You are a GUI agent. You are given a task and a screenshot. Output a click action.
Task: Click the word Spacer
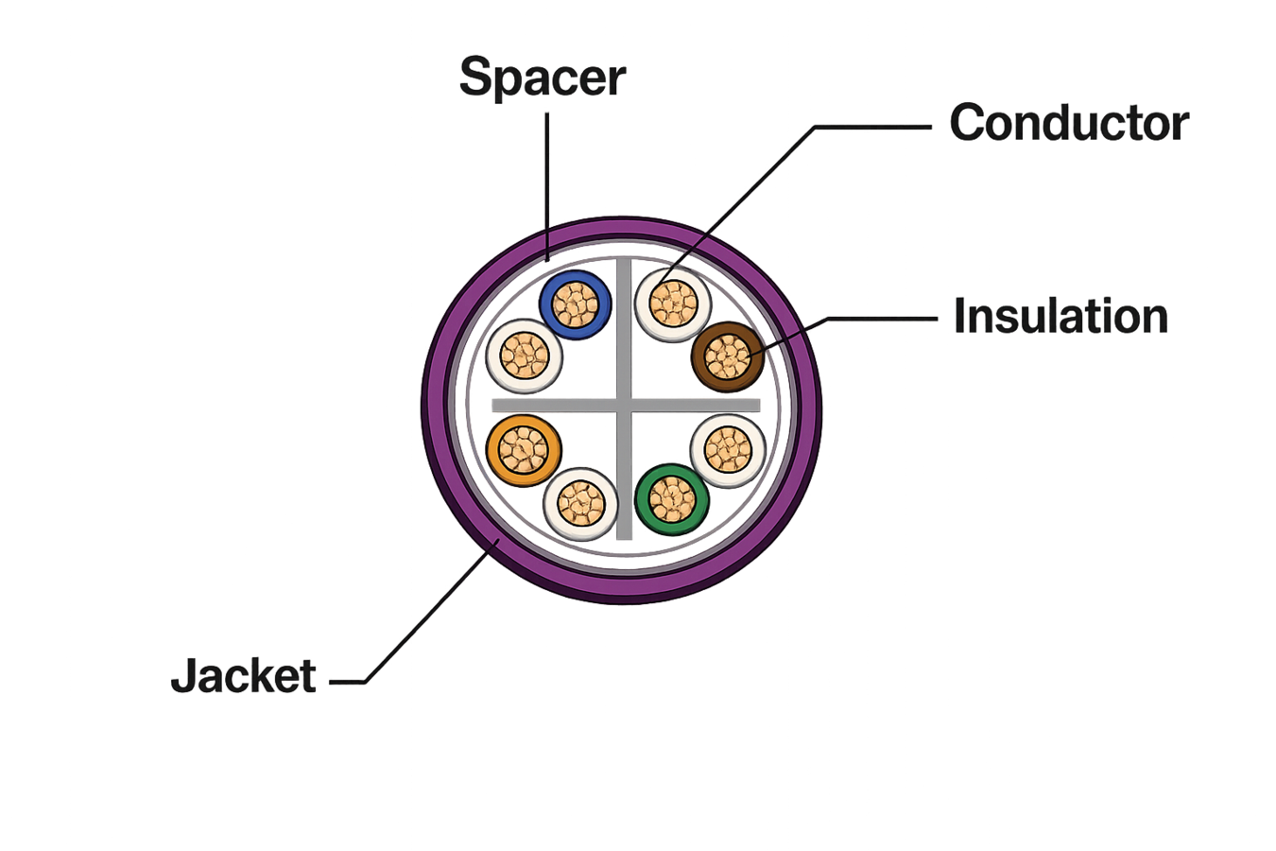(543, 77)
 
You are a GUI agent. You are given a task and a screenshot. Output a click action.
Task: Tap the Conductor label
(1069, 122)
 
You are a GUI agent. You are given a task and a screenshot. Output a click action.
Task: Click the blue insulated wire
(576, 305)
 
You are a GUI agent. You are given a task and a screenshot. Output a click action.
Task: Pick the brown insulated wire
(728, 356)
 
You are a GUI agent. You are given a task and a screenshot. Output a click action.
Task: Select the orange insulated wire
(524, 450)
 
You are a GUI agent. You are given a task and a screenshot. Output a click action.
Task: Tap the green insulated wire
(672, 499)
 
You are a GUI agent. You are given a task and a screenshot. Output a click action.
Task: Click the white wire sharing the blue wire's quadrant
(525, 356)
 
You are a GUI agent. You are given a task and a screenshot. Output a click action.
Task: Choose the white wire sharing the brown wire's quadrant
(673, 304)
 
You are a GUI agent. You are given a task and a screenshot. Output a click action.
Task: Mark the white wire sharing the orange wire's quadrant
(581, 504)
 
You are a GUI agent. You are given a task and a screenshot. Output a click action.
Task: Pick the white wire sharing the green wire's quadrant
(728, 450)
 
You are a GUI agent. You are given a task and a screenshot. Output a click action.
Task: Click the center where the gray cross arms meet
(625, 406)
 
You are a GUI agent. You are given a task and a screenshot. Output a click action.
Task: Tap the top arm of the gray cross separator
(625, 328)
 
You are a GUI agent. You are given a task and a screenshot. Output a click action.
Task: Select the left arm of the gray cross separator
(554, 406)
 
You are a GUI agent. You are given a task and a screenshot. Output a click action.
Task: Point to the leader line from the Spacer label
(547, 186)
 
